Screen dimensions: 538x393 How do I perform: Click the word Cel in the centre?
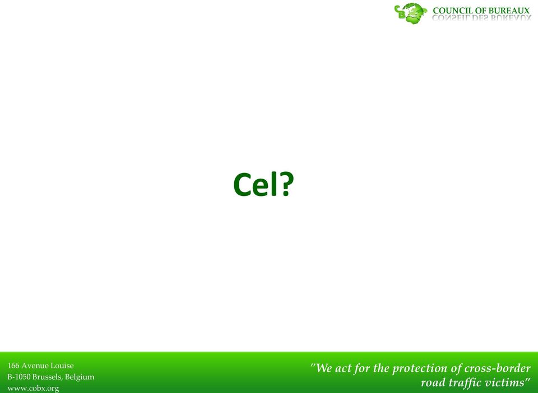point(256,184)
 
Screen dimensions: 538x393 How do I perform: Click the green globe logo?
point(410,13)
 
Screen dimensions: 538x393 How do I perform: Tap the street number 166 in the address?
point(13,366)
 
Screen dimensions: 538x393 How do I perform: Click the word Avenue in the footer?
point(35,366)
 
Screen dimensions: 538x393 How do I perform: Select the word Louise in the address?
point(62,366)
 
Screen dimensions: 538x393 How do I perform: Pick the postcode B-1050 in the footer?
point(19,377)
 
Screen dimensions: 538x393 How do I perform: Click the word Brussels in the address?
point(48,377)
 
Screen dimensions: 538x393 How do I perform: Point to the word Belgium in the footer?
point(80,377)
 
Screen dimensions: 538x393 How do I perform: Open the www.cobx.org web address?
point(33,389)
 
